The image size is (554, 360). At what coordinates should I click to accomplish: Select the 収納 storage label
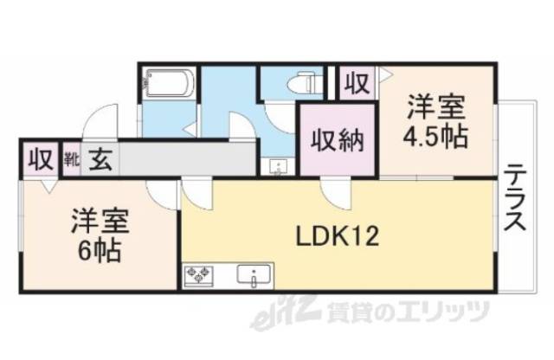tap(337, 138)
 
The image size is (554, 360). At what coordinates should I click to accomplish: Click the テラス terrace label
tap(515, 199)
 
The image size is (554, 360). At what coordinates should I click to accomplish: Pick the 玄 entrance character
tap(98, 159)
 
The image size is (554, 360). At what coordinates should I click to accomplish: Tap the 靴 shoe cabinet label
tap(71, 159)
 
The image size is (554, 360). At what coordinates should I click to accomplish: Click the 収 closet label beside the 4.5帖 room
tap(356, 83)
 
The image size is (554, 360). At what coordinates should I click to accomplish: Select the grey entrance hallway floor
tap(186, 159)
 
